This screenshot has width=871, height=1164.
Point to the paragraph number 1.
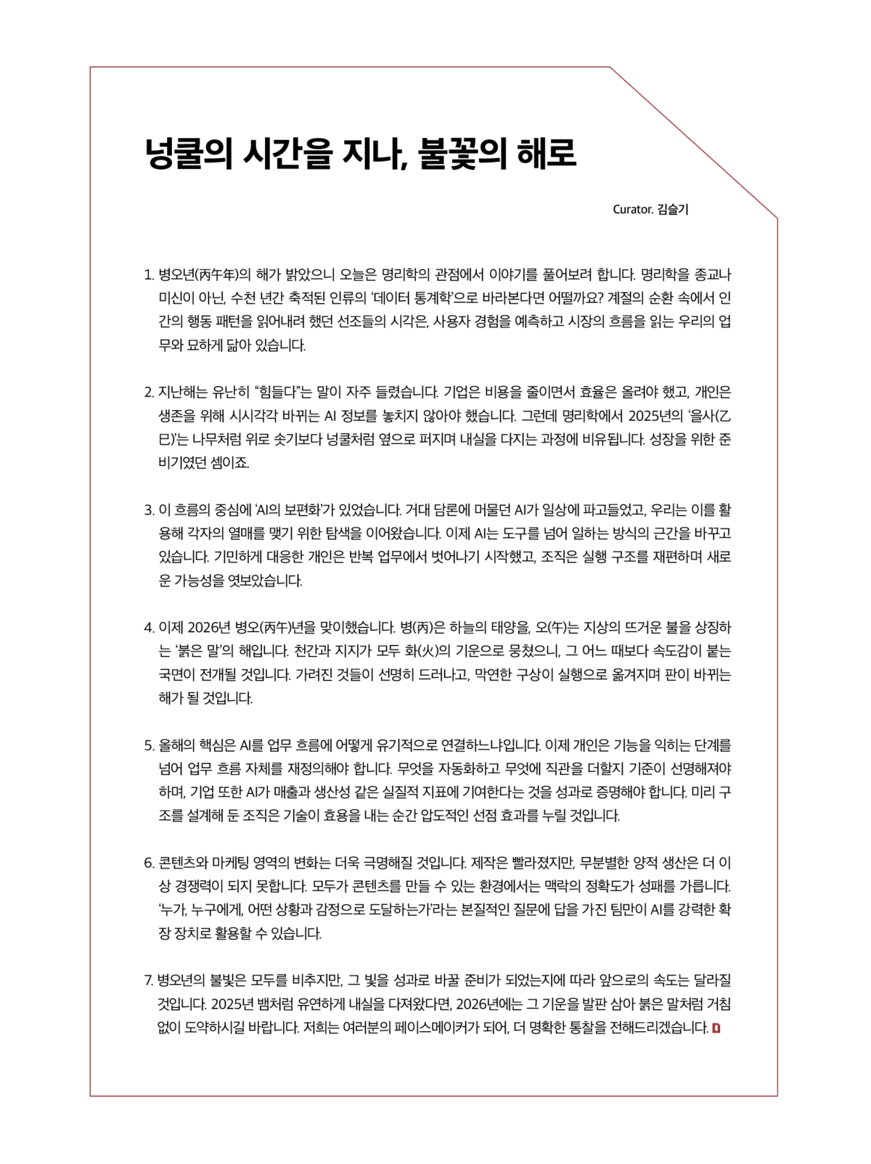[x=148, y=275]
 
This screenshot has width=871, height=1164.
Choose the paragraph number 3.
[x=148, y=510]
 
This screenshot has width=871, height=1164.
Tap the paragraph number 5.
[x=148, y=745]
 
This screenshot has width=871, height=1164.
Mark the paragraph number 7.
[x=148, y=981]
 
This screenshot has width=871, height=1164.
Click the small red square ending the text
[x=716, y=1028]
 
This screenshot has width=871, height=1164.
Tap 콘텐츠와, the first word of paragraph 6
[x=184, y=863]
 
